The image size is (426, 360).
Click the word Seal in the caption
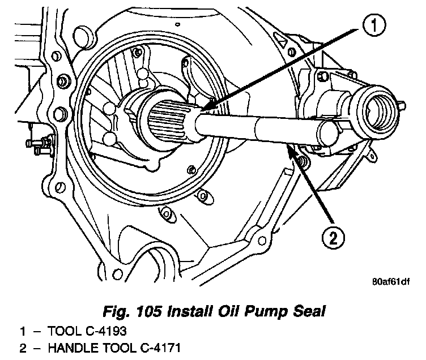pyautogui.click(x=309, y=310)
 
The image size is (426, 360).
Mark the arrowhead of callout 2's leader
pyautogui.click(x=289, y=148)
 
